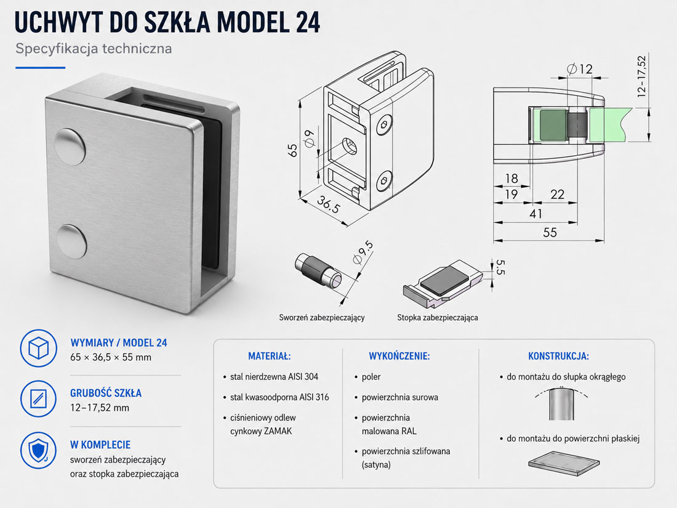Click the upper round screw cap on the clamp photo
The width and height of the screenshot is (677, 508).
tap(70, 147)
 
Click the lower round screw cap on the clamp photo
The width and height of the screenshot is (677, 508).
tap(71, 241)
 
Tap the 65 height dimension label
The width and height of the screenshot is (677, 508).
tap(292, 150)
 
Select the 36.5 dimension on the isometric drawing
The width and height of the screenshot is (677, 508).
tap(329, 204)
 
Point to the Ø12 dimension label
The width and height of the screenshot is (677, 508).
tap(579, 69)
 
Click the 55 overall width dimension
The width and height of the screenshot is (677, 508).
tap(550, 232)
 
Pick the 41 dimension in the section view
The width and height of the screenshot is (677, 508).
tap(535, 214)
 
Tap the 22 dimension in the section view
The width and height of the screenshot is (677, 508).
tap(558, 195)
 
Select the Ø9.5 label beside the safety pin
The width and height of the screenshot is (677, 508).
tap(363, 252)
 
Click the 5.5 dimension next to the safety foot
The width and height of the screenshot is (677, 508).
tap(500, 267)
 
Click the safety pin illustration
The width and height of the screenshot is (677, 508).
tap(318, 272)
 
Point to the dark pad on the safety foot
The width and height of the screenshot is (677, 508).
tap(444, 280)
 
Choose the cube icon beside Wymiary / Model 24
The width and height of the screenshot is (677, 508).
tap(38, 348)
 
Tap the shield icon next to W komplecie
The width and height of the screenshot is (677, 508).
tap(38, 450)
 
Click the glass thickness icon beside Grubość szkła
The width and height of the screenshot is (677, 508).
tap(38, 399)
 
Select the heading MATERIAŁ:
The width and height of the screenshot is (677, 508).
tap(270, 357)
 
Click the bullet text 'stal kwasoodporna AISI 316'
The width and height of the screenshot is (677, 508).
tap(279, 397)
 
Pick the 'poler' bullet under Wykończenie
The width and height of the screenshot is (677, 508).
tap(371, 377)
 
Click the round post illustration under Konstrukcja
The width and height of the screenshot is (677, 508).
tap(562, 404)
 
